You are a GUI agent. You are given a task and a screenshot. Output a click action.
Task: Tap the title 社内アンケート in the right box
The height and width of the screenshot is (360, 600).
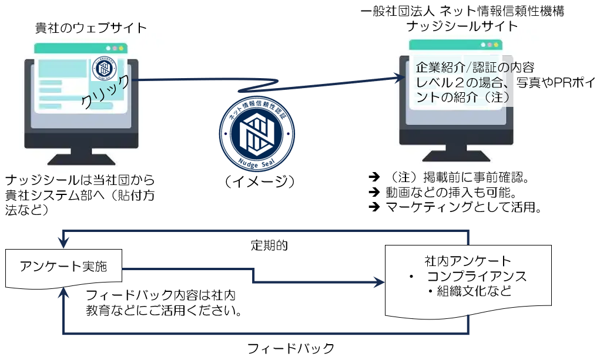(468, 260)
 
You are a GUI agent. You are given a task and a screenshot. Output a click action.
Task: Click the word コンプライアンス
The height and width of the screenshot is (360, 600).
(477, 276)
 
